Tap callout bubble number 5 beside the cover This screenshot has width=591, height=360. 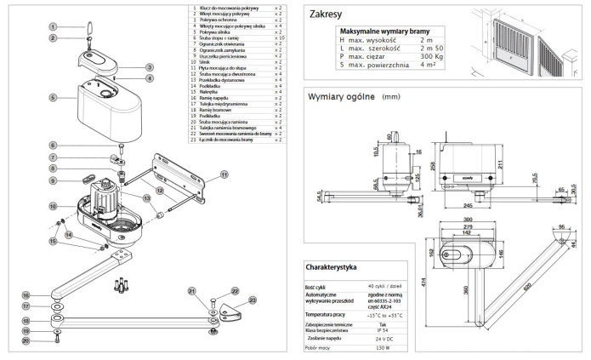[53, 98]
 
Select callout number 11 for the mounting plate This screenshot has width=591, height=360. [224, 173]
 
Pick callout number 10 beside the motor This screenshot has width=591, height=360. [53, 206]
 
